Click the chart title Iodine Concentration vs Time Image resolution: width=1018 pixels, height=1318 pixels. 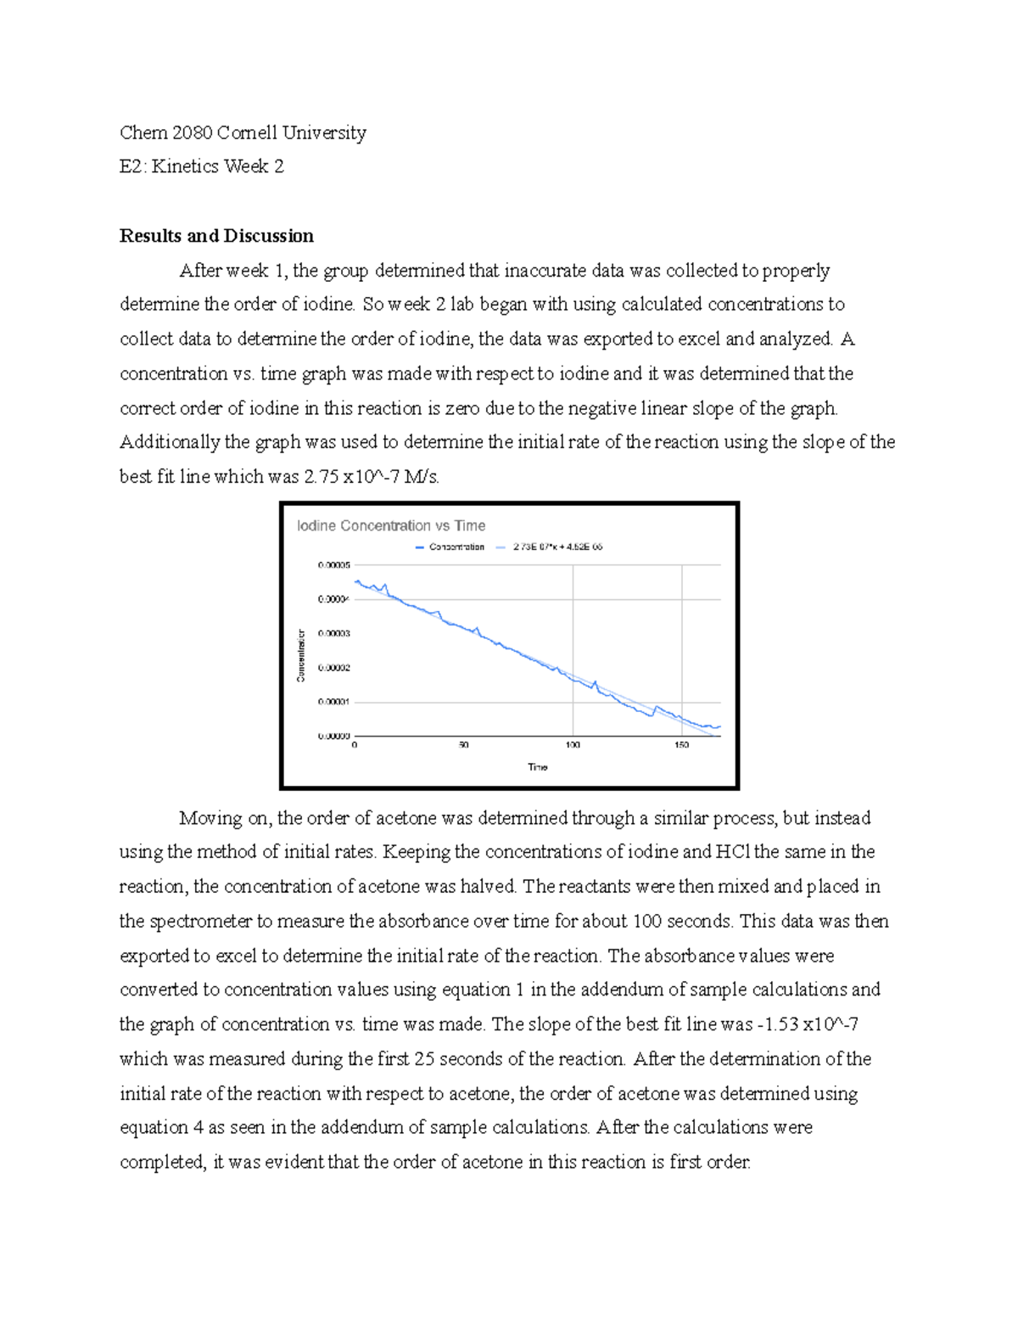coord(390,526)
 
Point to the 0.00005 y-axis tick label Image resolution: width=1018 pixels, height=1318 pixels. coord(333,565)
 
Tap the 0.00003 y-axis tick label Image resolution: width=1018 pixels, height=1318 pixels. coord(333,634)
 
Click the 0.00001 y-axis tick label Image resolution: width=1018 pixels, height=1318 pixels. coord(333,703)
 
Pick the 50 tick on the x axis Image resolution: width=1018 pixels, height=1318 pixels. coord(463,745)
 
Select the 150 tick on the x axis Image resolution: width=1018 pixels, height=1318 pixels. coord(681,745)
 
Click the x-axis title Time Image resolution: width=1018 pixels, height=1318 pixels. coord(538,767)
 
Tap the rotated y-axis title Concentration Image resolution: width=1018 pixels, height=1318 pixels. coord(300,655)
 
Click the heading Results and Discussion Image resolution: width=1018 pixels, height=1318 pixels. coord(216,236)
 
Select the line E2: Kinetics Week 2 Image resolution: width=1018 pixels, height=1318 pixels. coord(202,166)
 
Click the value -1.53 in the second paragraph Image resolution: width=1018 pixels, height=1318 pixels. coord(776,1024)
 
